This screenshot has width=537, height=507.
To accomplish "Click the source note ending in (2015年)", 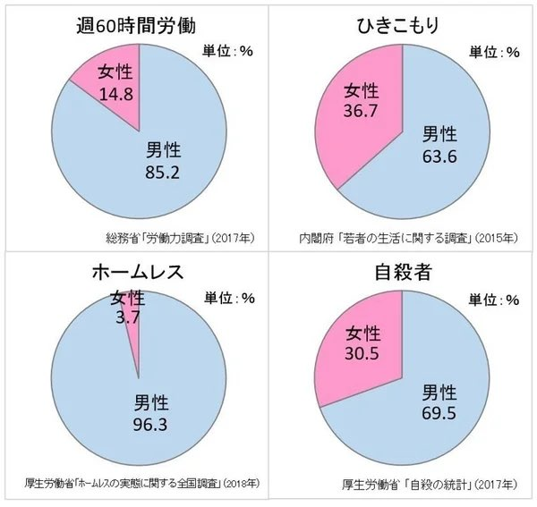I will tap(408, 239).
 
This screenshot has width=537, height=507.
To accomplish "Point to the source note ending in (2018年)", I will tap(142, 484).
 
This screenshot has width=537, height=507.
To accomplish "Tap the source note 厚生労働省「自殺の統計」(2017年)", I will tap(429, 485).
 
